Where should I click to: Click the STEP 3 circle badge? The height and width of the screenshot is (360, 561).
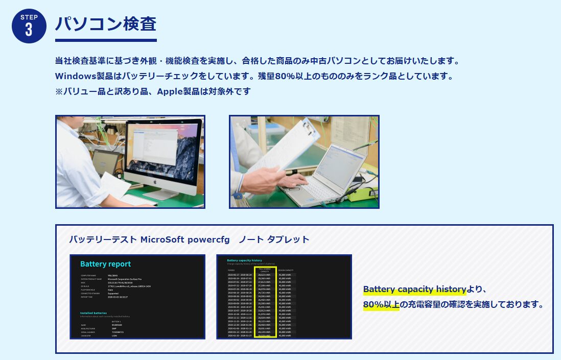[29, 26]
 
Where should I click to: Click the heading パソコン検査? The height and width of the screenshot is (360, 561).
[105, 24]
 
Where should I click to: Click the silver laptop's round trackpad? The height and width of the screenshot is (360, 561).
[294, 189]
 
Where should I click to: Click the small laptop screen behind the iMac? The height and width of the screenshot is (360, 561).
[105, 162]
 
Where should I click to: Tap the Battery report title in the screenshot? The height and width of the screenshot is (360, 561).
[106, 264]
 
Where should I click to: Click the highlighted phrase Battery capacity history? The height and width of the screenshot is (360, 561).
[414, 290]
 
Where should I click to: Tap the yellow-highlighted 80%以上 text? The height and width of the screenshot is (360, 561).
[381, 305]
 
